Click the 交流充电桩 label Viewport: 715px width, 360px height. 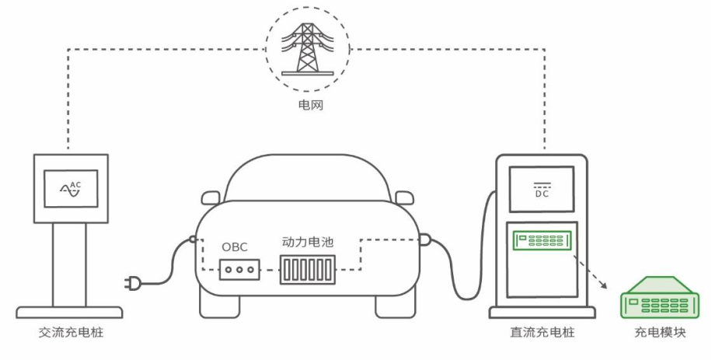(70, 333)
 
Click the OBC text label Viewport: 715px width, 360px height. (234, 246)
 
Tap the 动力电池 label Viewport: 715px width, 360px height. (307, 242)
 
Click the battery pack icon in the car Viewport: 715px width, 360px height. (308, 271)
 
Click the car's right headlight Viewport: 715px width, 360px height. (405, 197)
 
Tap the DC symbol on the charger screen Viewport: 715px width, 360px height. (541, 192)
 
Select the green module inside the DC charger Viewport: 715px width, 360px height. (541, 242)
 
